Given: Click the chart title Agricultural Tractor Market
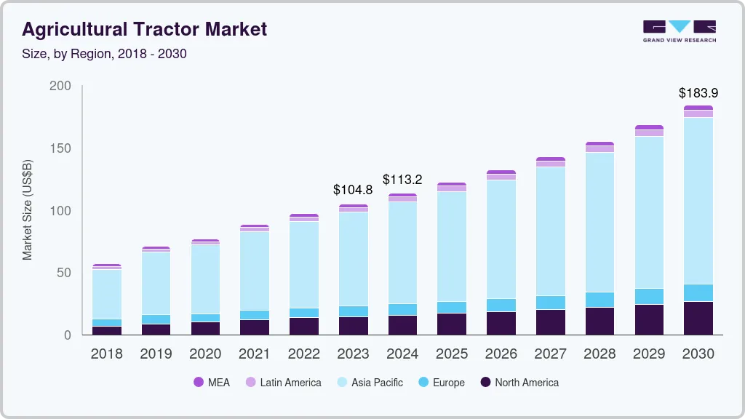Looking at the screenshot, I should pos(144,29).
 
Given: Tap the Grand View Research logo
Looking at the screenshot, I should pos(679,31).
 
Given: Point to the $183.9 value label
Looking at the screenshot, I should pos(698,93).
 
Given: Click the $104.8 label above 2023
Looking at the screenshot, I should pos(353,190).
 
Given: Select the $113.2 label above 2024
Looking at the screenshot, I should pos(402,180).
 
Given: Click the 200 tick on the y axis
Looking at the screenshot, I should pos(60,86).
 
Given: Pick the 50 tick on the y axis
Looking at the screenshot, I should pos(64,273).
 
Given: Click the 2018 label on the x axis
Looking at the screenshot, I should pos(106,354).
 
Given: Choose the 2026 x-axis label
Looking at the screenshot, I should pos(501,354).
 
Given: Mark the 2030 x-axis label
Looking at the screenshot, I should pos(698,354).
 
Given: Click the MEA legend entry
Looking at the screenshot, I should pos(212,383).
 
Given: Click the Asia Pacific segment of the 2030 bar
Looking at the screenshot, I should pos(698,200).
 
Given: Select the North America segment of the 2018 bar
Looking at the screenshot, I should pos(106,330).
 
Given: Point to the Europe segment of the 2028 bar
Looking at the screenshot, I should pos(599,300).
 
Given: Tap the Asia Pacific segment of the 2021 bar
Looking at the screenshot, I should pos(255,271).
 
